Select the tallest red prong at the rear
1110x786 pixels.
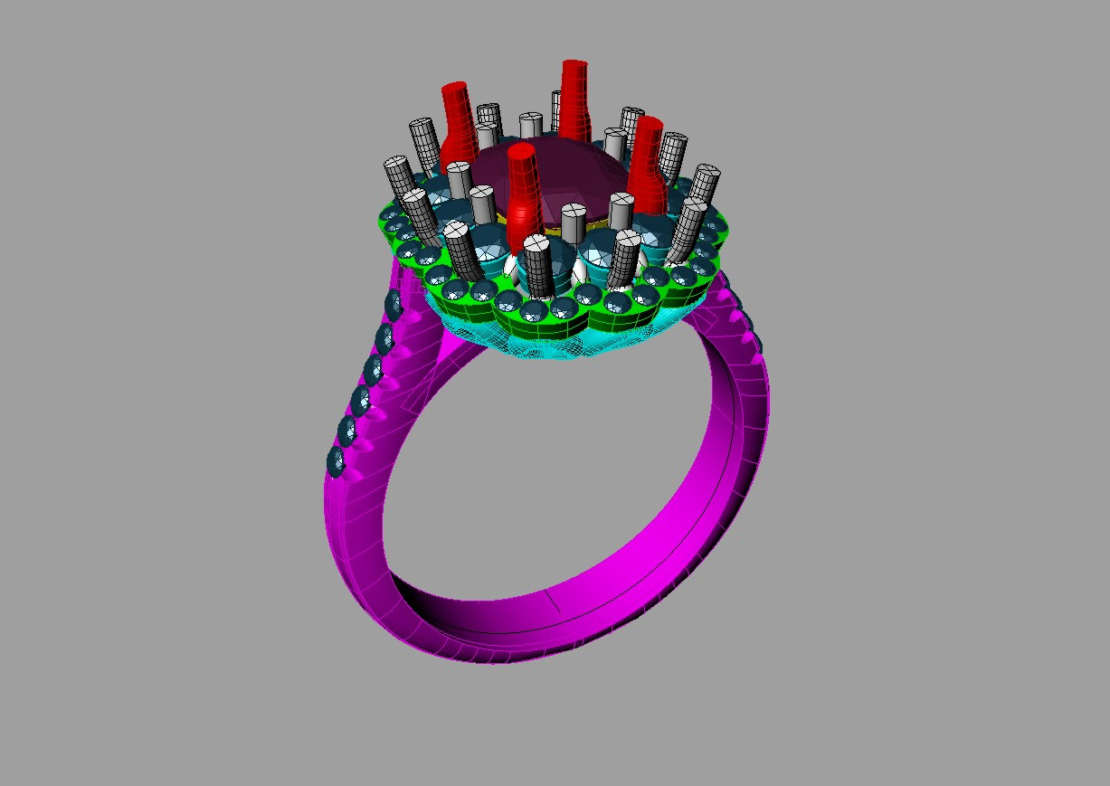pos(574,99)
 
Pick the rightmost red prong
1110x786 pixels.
pos(648,158)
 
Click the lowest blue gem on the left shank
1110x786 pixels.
pos(337,462)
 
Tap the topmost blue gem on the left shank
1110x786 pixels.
pos(394,305)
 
